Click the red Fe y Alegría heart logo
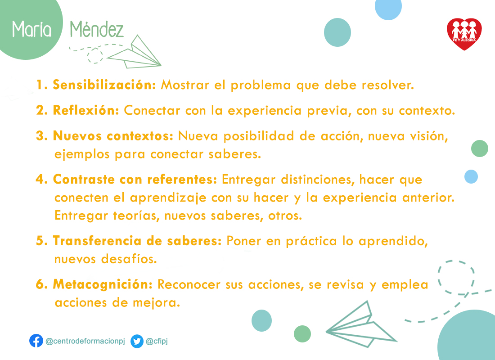pos(464,34)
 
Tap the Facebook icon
pos(36,341)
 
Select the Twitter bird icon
pos(137,342)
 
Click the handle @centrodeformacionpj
pos(85,341)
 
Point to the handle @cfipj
pos(157,341)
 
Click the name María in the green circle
pos(31,29)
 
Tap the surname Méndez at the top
pos(97,29)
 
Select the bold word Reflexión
pos(86,110)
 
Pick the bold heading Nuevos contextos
pos(113,136)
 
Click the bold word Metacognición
pos(103,284)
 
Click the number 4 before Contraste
pos(40,180)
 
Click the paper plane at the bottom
pos(361,324)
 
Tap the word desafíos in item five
pos(129,259)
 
